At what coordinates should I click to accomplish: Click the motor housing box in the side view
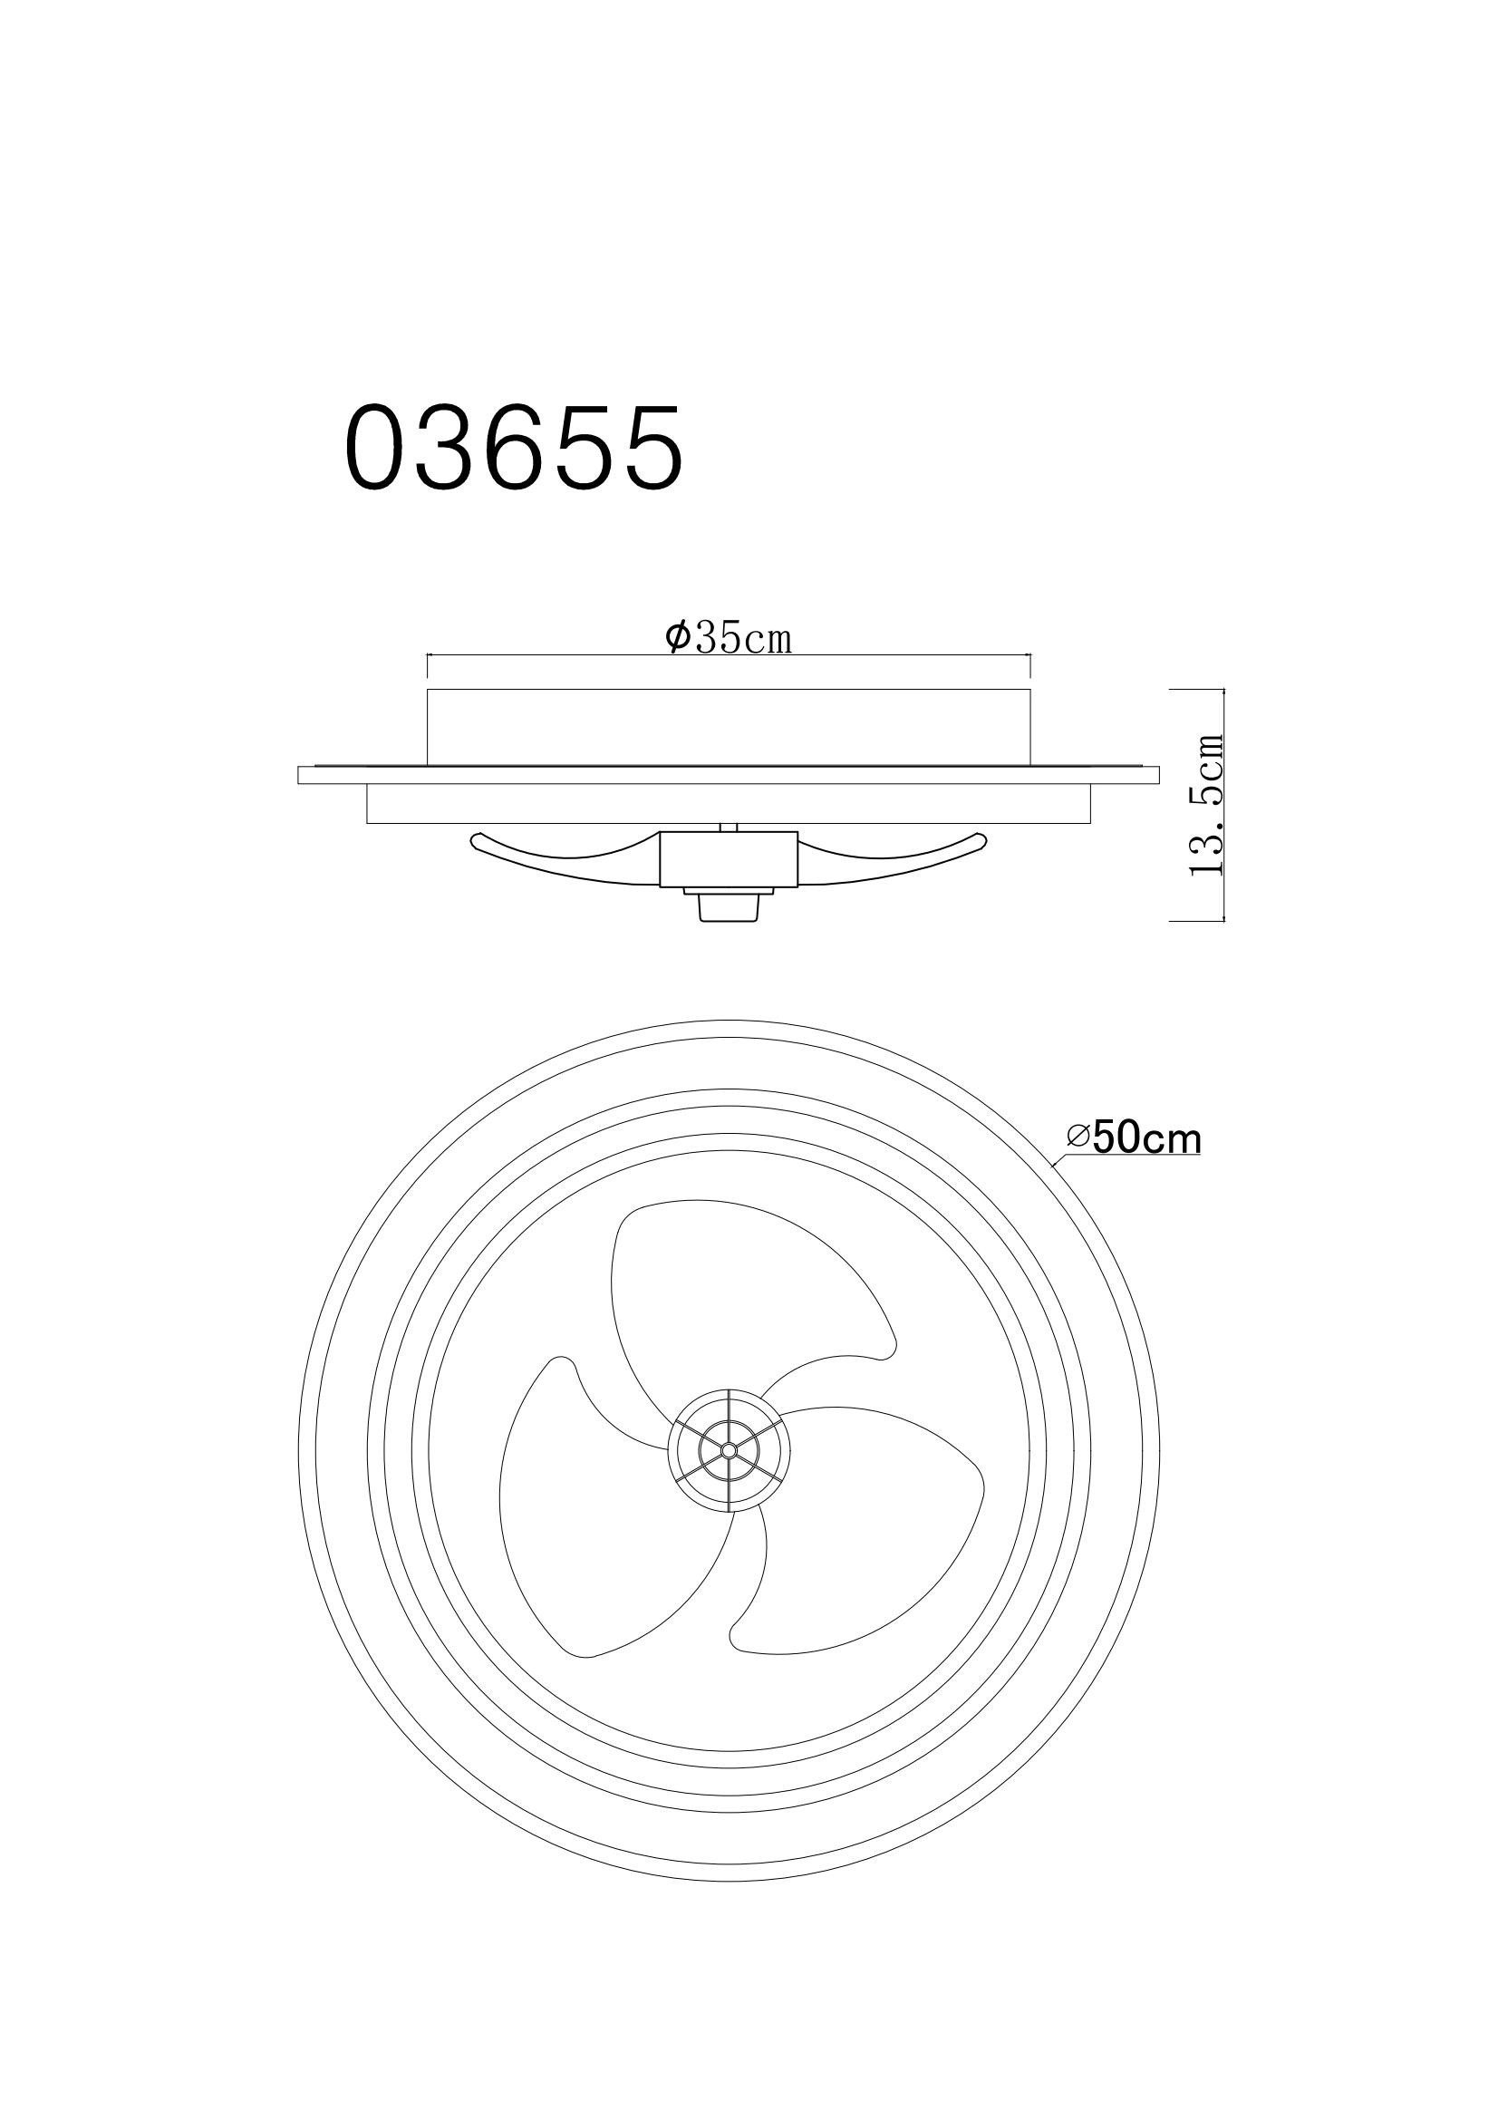(x=729, y=857)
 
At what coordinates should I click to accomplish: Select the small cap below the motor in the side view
(x=729, y=904)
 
